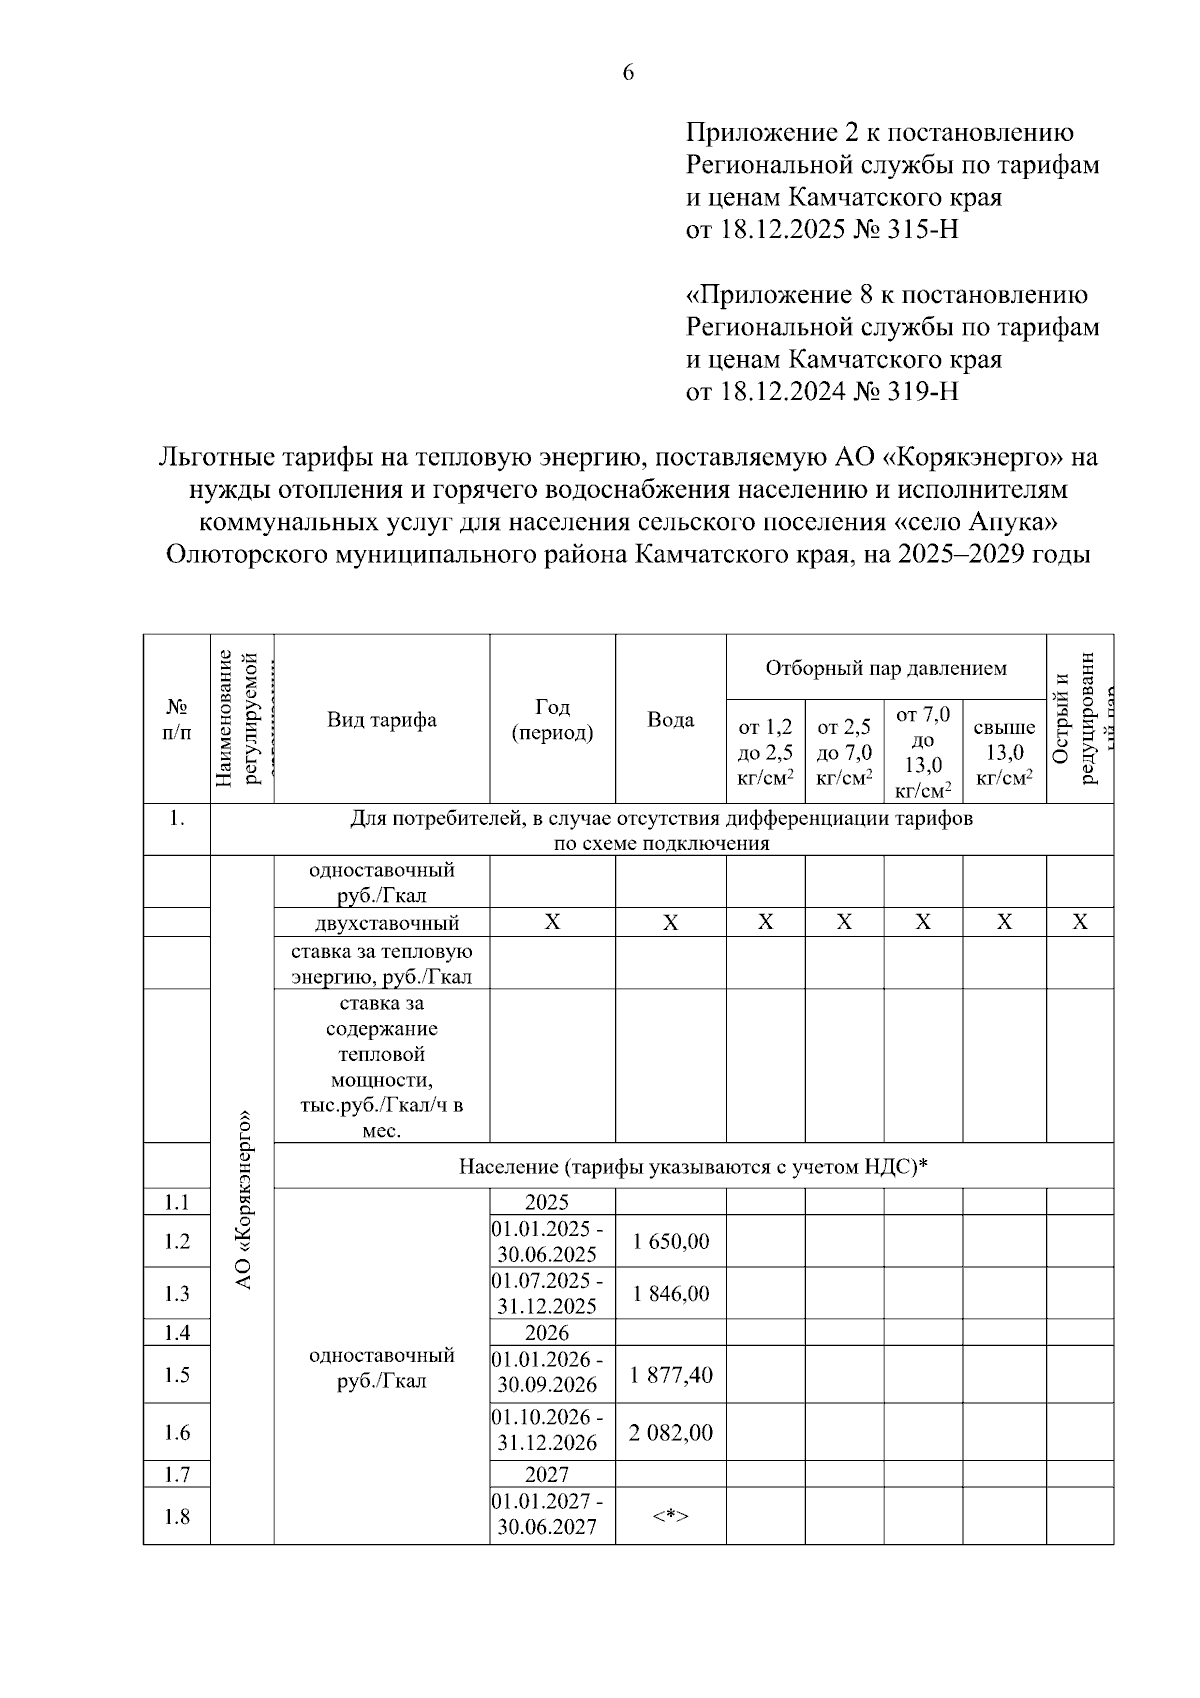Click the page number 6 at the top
(x=628, y=72)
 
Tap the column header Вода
(x=670, y=720)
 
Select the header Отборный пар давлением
(x=885, y=668)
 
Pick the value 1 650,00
(x=670, y=1241)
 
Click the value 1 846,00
(x=670, y=1293)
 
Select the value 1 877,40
(x=670, y=1374)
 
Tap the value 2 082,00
(x=670, y=1432)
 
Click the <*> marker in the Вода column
(x=670, y=1516)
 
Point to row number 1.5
(x=177, y=1374)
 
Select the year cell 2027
(x=547, y=1474)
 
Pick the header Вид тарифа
(x=381, y=720)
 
